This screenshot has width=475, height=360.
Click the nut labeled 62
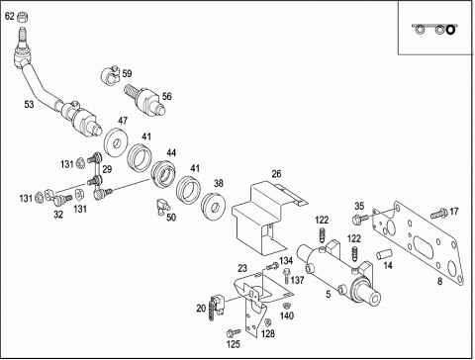(x=22, y=17)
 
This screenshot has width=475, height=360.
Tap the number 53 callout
(x=29, y=104)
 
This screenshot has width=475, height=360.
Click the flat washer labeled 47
(x=115, y=143)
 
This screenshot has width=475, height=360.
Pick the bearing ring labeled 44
(x=164, y=173)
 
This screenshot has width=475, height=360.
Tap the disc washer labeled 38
(x=214, y=206)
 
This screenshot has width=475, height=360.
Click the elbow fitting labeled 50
(x=163, y=206)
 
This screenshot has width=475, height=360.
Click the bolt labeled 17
(x=439, y=214)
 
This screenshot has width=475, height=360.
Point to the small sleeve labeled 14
(x=384, y=254)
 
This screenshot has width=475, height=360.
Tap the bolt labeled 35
(x=360, y=219)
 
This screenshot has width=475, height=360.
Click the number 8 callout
(x=439, y=281)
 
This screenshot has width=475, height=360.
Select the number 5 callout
(x=329, y=294)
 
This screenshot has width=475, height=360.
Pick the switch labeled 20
(x=215, y=307)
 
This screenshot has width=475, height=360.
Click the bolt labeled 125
(x=234, y=332)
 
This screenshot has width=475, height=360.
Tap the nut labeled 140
(x=287, y=305)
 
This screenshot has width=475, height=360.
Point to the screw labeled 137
(x=286, y=276)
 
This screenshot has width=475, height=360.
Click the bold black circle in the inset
(x=450, y=30)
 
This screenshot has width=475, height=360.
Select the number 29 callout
(x=107, y=169)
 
